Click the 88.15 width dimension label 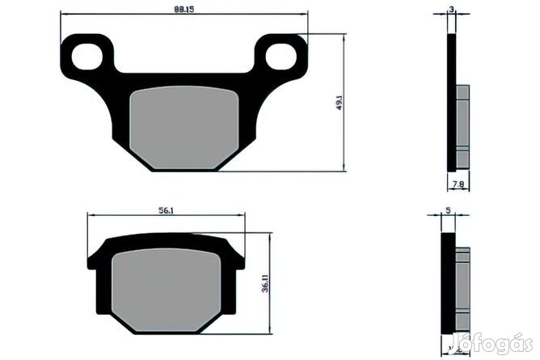(184, 9)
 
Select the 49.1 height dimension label (340, 103)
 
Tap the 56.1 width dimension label (166, 210)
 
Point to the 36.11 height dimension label (265, 284)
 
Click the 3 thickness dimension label (452, 10)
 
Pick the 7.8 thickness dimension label (458, 184)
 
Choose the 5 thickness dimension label (448, 210)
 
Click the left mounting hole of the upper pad (86, 56)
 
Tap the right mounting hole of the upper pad (281, 56)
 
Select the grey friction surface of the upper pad (184, 128)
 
